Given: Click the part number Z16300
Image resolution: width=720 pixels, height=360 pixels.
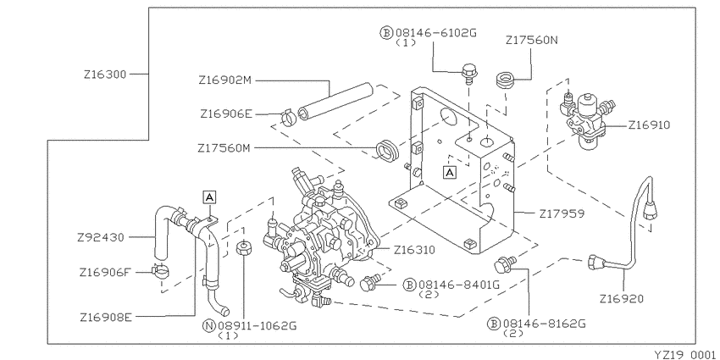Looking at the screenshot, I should click(x=105, y=75).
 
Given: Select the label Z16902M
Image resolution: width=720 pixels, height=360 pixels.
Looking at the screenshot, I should click(x=225, y=81).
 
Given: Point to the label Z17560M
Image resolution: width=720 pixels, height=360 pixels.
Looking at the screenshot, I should click(x=225, y=148).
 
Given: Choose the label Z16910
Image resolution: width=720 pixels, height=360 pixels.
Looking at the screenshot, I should click(x=649, y=125).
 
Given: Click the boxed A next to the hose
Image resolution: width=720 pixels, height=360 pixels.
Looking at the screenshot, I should click(x=209, y=197).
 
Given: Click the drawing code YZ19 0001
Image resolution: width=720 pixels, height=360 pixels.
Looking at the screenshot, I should click(x=683, y=352).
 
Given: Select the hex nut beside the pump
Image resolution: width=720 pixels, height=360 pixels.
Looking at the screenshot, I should click(x=242, y=249).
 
